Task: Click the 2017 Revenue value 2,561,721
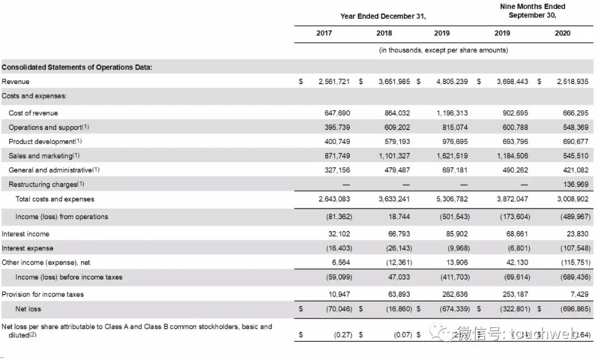334,81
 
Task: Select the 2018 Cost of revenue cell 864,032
397,113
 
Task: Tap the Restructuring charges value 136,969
576,184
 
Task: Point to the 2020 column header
562,33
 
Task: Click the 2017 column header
324,33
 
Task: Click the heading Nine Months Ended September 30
532,11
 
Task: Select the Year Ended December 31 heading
383,16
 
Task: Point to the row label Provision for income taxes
43,294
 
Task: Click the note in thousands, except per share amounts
443,50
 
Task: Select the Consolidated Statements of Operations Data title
77,68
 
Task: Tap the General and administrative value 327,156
337,171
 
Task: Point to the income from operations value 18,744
400,217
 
